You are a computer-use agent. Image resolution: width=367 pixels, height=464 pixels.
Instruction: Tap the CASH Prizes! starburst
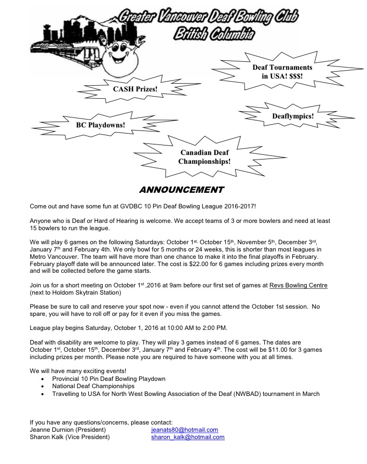135,89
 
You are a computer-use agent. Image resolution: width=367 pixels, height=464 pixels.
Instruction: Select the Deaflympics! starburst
293,116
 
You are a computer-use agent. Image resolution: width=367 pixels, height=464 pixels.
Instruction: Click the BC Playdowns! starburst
100,125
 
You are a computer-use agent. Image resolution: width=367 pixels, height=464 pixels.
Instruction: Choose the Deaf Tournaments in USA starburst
282,72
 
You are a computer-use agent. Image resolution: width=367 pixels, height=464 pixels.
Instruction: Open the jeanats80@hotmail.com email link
184,430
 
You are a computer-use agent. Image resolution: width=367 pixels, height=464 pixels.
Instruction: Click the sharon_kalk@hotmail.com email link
187,438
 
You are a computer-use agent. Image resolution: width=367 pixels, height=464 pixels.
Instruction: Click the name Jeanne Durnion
51,430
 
